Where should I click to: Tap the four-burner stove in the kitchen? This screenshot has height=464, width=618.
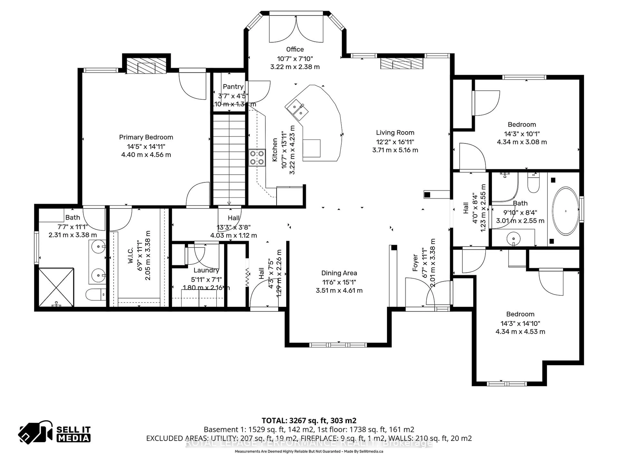[257, 157]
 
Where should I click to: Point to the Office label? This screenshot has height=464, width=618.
[295, 49]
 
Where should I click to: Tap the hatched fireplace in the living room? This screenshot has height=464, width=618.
[402, 63]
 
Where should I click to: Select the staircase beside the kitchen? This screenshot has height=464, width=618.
[229, 159]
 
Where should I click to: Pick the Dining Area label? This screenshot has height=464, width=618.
[339, 273]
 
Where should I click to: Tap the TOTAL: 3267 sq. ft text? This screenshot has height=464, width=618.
[309, 420]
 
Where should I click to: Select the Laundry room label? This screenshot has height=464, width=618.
[206, 270]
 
